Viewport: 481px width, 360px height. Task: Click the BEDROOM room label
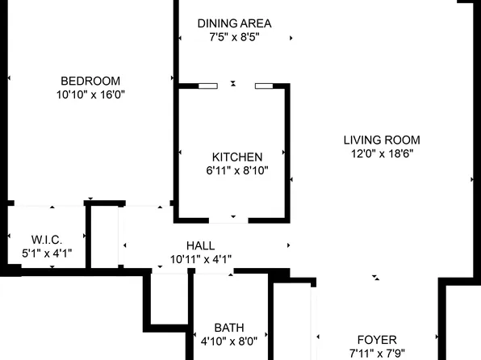pyautogui.click(x=90, y=81)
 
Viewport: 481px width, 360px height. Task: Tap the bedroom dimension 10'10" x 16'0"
pyautogui.click(x=90, y=94)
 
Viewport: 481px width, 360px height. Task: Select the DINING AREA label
pyautogui.click(x=234, y=23)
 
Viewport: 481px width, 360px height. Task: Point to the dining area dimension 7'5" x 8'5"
pyautogui.click(x=234, y=37)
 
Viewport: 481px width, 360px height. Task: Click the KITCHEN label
pyautogui.click(x=236, y=157)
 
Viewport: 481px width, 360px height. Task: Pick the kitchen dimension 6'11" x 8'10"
pyautogui.click(x=236, y=170)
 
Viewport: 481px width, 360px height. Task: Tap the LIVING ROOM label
pyautogui.click(x=382, y=139)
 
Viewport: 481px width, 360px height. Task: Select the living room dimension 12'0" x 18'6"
pyautogui.click(x=382, y=153)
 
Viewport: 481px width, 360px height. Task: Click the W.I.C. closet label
pyautogui.click(x=46, y=240)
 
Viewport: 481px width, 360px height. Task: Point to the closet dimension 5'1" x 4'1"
pyautogui.click(x=46, y=253)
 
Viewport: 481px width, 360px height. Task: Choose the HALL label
pyautogui.click(x=200, y=245)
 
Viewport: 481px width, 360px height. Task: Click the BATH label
pyautogui.click(x=228, y=328)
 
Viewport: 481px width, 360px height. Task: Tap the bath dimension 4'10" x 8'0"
pyautogui.click(x=228, y=341)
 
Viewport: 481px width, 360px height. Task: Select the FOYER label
pyautogui.click(x=377, y=340)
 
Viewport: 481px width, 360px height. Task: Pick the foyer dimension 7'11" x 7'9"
pyautogui.click(x=377, y=354)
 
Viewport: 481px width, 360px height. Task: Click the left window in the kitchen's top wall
pyautogui.click(x=207, y=85)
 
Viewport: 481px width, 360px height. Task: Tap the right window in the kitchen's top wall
pyautogui.click(x=264, y=85)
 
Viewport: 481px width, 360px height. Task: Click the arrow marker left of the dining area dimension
pyautogui.click(x=180, y=37)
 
